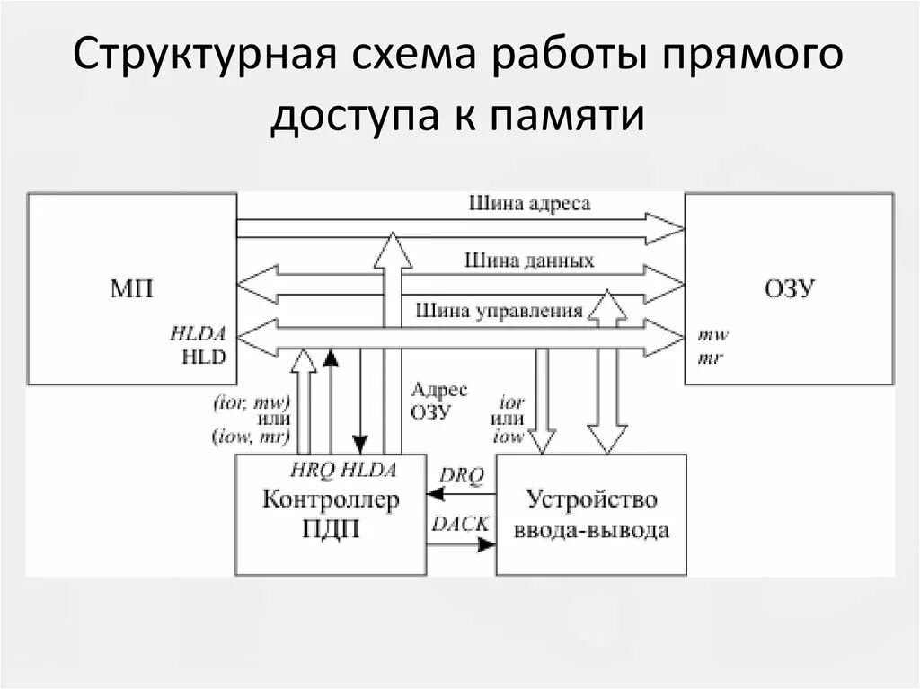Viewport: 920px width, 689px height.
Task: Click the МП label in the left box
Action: [132, 289]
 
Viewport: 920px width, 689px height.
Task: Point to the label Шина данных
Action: [529, 261]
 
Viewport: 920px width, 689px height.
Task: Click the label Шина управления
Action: [500, 311]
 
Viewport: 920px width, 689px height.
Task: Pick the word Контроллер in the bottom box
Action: [330, 500]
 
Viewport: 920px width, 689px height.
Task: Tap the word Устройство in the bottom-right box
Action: [591, 500]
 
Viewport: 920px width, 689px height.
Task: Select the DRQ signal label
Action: [463, 476]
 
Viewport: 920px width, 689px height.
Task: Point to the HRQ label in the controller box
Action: [312, 468]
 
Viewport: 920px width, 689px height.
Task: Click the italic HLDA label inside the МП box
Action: [199, 334]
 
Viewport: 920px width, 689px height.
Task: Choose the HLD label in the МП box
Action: [206, 355]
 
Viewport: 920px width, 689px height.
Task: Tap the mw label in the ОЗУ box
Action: [713, 335]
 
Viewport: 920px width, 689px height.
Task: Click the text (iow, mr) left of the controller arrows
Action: [251, 437]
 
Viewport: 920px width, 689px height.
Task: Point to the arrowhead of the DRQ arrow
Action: [434, 493]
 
